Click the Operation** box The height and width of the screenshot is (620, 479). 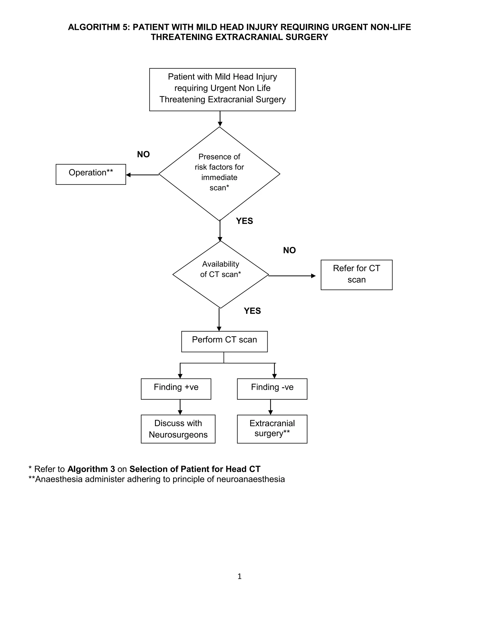click(x=91, y=174)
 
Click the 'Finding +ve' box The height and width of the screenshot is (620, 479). click(x=176, y=389)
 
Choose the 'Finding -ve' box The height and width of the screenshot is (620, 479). click(x=272, y=389)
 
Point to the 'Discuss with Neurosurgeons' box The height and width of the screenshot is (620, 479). click(x=178, y=429)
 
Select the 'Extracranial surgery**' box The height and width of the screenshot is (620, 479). click(x=272, y=429)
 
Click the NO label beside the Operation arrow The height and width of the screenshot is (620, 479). click(x=143, y=154)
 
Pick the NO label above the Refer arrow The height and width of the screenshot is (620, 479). click(x=289, y=250)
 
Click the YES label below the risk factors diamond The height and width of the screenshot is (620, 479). click(x=244, y=221)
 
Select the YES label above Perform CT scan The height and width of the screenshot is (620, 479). click(x=252, y=311)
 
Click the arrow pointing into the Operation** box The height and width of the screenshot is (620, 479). click(x=142, y=175)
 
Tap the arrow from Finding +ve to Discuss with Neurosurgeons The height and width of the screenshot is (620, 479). click(x=180, y=407)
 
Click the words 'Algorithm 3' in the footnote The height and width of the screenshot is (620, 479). click(x=91, y=469)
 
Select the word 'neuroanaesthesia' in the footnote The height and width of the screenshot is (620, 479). click(x=250, y=479)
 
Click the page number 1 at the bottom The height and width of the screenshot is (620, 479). click(x=239, y=576)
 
